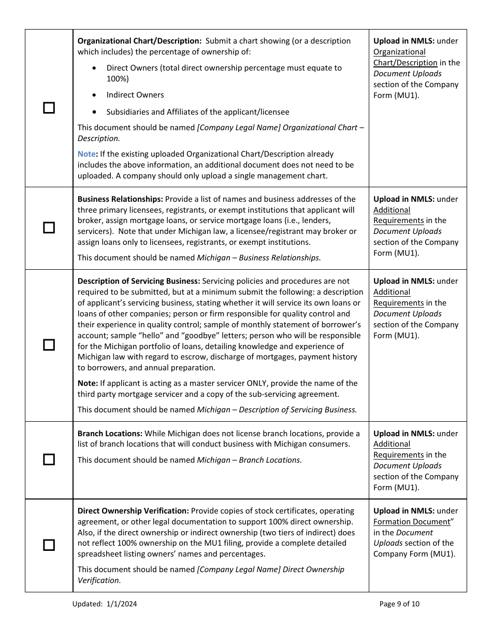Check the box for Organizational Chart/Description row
pyautogui.click(x=49, y=108)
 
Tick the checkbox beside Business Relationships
pyautogui.click(x=49, y=228)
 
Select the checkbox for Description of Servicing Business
pyautogui.click(x=49, y=345)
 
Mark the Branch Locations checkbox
pyautogui.click(x=49, y=460)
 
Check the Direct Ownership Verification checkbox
pyautogui.click(x=49, y=545)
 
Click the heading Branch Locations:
pyautogui.click(x=110, y=434)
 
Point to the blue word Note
pyautogui.click(x=86, y=154)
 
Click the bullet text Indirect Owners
pyautogui.click(x=135, y=95)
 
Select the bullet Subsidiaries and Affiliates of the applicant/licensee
pyautogui.click(x=198, y=112)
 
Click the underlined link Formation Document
pyautogui.click(x=412, y=522)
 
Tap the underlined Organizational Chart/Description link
pyautogui.click(x=405, y=58)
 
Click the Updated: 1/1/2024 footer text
pyautogui.click(x=105, y=604)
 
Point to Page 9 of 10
pyautogui.click(x=399, y=604)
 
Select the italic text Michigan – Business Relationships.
pyautogui.click(x=258, y=258)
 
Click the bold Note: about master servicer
pyautogui.click(x=88, y=383)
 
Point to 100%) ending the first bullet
pyautogui.click(x=118, y=79)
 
